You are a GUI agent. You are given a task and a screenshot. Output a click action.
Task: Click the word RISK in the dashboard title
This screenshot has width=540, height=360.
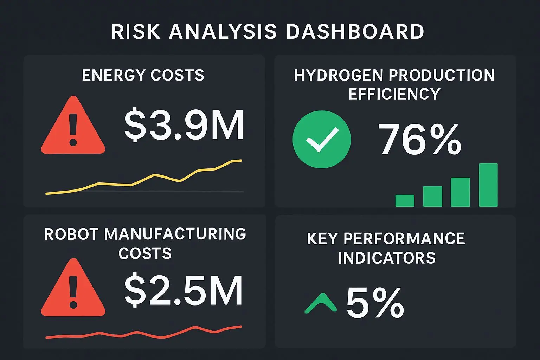coord(136,32)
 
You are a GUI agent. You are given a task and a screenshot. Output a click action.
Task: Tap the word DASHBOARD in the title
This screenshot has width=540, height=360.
coord(355,32)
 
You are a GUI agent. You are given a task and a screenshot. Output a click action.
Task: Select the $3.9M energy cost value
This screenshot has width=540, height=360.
coord(184,126)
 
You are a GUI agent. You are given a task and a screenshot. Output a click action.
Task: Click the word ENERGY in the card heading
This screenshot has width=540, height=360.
coord(113,75)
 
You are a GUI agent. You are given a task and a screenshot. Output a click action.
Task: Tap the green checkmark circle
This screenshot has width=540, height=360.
coord(322,139)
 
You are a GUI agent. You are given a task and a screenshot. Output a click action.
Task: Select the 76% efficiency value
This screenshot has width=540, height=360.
coord(419,140)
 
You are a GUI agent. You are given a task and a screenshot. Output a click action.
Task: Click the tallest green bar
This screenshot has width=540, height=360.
coord(488,185)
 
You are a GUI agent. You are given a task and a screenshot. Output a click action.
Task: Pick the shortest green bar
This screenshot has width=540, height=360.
coord(405,201)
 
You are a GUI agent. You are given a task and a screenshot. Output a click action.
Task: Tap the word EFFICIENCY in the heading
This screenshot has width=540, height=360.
coord(394,94)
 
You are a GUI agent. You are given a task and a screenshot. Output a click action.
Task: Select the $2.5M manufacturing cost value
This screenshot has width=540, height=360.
coord(183,290)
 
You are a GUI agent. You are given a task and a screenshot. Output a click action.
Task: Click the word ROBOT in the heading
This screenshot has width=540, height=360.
coord(71,234)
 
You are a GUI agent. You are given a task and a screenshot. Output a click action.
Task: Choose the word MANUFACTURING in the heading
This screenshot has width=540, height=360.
coord(175,234)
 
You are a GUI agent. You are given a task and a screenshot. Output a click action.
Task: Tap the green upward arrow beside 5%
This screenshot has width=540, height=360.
coord(320,303)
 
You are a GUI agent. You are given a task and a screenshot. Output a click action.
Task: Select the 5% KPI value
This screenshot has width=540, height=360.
coord(375,303)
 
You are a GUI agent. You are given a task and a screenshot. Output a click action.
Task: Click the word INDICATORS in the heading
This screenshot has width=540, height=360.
coord(387,258)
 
